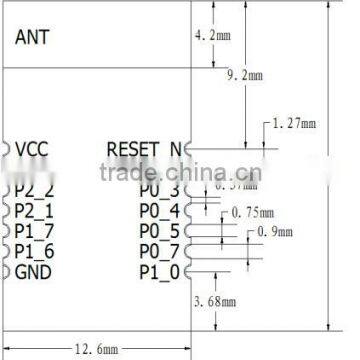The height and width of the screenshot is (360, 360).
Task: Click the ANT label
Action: pyautogui.click(x=32, y=37)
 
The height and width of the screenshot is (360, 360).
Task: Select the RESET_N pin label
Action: pyautogui.click(x=145, y=150)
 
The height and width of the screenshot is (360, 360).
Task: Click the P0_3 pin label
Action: pyautogui.click(x=158, y=190)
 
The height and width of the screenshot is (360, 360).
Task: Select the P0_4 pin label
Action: pyautogui.click(x=158, y=210)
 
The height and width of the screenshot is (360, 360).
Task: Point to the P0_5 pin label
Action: pyautogui.click(x=158, y=231)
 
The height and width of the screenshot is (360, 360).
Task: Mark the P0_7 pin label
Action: pyautogui.click(x=158, y=251)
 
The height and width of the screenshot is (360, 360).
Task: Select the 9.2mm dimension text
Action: pyautogui.click(x=246, y=75)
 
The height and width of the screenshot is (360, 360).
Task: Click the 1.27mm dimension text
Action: pyautogui.click(x=294, y=125)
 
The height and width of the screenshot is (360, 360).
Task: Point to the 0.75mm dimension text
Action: pyautogui.click(x=251, y=212)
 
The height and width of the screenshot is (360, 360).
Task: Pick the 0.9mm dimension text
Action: pyautogui.click(x=276, y=232)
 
